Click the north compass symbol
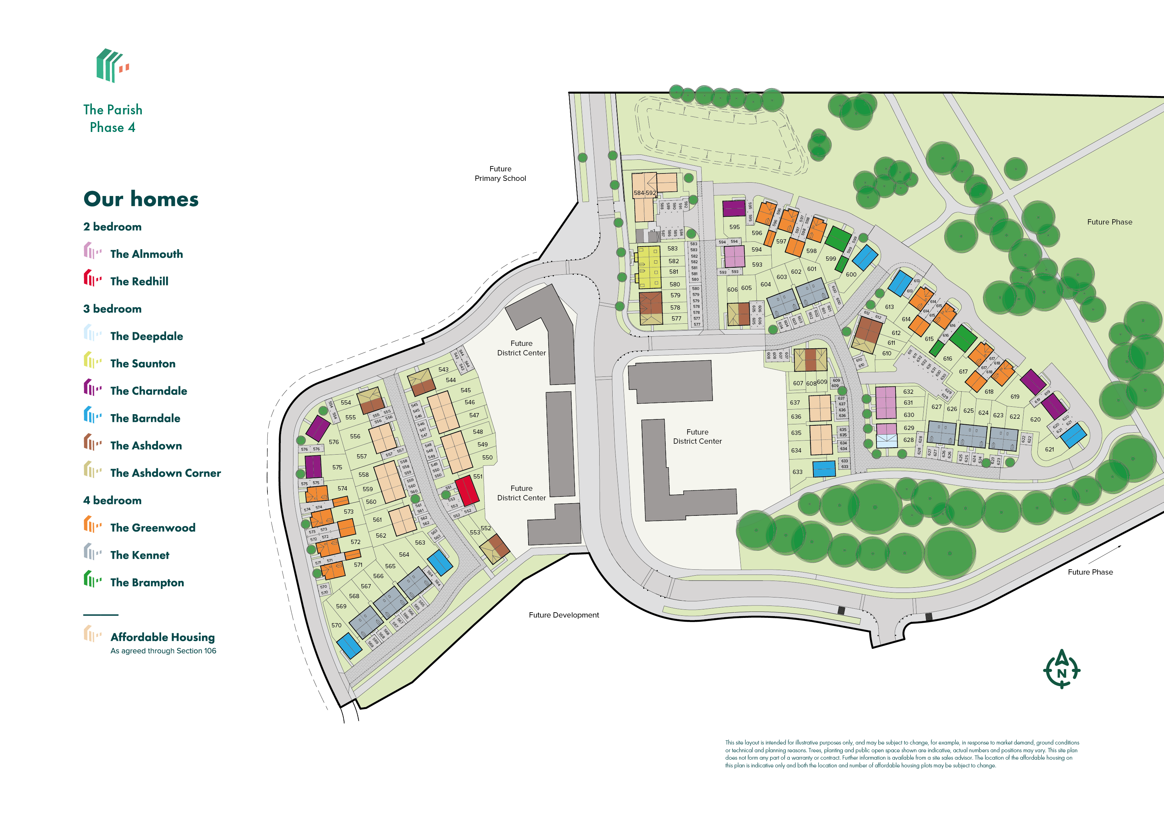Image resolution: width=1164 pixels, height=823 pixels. (1061, 669)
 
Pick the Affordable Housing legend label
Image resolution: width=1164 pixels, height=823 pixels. (162, 638)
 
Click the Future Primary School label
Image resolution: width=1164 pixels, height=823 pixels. (500, 173)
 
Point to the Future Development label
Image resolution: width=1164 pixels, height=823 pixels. (564, 615)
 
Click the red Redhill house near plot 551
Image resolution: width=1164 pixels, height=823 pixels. (467, 491)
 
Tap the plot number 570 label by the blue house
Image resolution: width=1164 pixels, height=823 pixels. (336, 625)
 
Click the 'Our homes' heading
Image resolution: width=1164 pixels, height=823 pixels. (141, 199)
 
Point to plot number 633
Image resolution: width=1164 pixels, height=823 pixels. (797, 472)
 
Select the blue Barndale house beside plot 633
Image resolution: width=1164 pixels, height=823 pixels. (824, 469)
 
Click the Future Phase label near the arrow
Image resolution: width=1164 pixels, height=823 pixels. (1090, 572)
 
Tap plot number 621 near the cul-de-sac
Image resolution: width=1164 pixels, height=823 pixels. (1049, 449)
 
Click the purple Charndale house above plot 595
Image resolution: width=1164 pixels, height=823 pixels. (734, 208)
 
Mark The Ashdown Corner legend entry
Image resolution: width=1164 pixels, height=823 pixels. (165, 473)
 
